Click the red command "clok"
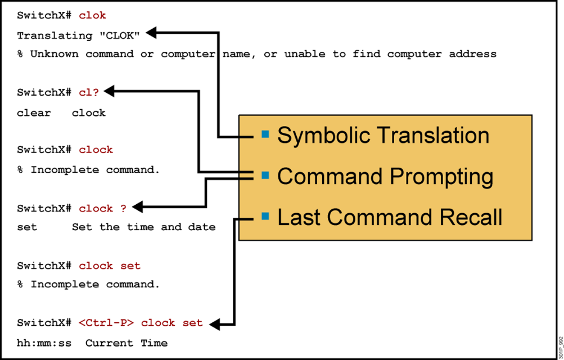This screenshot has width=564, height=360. pyautogui.click(x=92, y=16)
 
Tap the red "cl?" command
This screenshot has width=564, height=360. pyautogui.click(x=89, y=92)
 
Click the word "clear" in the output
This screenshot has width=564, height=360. pyautogui.click(x=34, y=112)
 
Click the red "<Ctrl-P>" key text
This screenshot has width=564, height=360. pyautogui.click(x=106, y=323)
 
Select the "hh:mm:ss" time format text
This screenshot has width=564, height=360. pyautogui.click(x=44, y=343)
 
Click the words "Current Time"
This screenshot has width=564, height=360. pyautogui.click(x=126, y=343)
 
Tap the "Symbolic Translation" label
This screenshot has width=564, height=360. pyautogui.click(x=383, y=136)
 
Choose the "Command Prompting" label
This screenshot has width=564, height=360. pyautogui.click(x=385, y=176)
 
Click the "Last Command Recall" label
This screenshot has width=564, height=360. pyautogui.click(x=389, y=217)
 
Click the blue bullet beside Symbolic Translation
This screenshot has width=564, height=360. pyautogui.click(x=265, y=134)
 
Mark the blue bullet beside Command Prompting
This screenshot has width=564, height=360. pyautogui.click(x=265, y=175)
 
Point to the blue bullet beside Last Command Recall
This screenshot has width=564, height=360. pyautogui.click(x=265, y=216)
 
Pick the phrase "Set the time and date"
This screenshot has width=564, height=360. pyautogui.click(x=143, y=227)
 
